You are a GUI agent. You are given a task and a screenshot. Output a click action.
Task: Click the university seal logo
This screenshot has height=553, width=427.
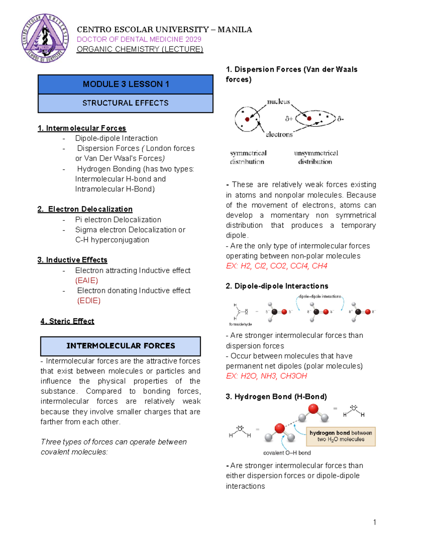45,38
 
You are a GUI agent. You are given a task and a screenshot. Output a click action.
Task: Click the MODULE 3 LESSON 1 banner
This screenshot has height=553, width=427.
126,84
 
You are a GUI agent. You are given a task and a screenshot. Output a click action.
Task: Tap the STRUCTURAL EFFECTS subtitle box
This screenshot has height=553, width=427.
126,103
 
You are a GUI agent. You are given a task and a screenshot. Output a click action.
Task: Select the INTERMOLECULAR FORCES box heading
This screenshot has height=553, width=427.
121,346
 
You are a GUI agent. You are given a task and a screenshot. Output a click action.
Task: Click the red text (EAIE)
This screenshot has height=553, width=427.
86,281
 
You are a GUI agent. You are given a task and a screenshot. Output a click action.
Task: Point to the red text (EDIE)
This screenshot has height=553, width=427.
89,301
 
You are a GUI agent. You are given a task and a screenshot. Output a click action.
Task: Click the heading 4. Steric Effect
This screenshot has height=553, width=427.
67,321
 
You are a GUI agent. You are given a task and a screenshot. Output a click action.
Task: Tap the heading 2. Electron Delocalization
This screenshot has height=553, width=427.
85,209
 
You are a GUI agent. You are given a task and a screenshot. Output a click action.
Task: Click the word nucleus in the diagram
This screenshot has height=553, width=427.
278,102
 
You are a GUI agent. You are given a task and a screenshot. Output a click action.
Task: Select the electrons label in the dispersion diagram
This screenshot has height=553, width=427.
279,135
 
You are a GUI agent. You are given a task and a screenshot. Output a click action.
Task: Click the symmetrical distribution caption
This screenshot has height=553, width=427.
248,157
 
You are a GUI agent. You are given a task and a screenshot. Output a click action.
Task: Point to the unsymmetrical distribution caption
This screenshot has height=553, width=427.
316,157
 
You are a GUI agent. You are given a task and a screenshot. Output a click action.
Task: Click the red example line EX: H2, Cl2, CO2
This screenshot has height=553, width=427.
276,266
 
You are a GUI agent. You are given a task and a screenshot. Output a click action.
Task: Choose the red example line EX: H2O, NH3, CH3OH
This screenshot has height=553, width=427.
267,376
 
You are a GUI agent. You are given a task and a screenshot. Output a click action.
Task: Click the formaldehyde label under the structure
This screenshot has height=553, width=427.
241,324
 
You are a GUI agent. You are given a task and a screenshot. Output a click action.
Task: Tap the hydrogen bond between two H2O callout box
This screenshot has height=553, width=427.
341,436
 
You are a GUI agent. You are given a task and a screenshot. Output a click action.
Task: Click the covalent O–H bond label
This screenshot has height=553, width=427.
287,453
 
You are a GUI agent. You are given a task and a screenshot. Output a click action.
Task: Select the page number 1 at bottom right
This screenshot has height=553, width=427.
374,522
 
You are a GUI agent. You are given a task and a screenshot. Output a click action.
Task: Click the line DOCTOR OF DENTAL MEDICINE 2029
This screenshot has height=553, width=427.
139,40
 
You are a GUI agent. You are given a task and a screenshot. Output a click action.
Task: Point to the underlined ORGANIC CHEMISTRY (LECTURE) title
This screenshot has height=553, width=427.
140,49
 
